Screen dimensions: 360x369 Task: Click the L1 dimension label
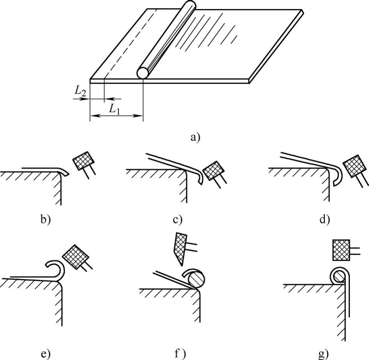click(x=114, y=109)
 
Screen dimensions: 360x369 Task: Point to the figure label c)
click(x=178, y=219)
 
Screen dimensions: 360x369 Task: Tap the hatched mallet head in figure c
click(x=213, y=170)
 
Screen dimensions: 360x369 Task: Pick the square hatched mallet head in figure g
click(x=340, y=250)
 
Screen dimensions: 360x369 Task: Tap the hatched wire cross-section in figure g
click(x=338, y=276)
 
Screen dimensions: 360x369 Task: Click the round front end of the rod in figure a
click(x=144, y=73)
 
